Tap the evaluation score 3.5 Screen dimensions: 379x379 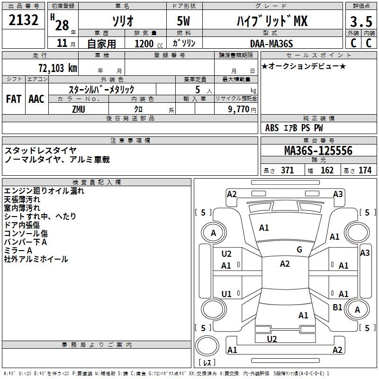tap(361, 22)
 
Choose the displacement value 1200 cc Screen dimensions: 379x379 tap(144, 44)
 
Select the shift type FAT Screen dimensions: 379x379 tap(13, 99)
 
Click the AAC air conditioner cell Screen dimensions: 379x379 tap(36, 99)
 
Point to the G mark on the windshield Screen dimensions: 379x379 tap(299, 250)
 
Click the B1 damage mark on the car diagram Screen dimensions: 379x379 tap(337, 307)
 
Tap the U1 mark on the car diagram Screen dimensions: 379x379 tap(226, 294)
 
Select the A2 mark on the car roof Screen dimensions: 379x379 tap(285, 264)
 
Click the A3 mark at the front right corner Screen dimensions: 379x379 tap(338, 194)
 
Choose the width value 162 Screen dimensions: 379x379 tap(327, 171)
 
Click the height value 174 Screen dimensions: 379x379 tap(365, 171)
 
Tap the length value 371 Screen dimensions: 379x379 tap(288, 171)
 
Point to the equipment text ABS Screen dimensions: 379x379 tap(272, 128)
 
